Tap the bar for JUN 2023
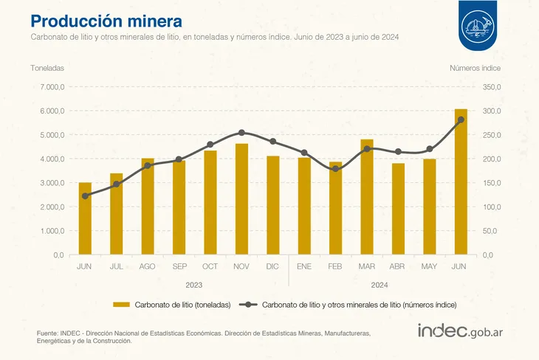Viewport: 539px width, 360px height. click(x=85, y=218)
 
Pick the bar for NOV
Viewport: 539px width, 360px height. click(x=241, y=199)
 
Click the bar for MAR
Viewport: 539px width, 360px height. click(x=367, y=197)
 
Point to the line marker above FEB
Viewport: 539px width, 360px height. click(x=335, y=169)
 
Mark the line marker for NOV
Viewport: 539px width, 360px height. click(x=241, y=133)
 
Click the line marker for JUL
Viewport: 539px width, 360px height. click(x=117, y=184)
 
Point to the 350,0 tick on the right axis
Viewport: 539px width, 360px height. click(x=492, y=87)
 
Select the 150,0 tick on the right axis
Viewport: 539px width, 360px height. click(x=492, y=183)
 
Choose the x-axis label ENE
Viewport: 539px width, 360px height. click(x=304, y=266)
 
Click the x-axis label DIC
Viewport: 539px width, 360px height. click(x=272, y=266)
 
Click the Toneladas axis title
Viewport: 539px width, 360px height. click(x=47, y=68)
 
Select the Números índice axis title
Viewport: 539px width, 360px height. click(x=476, y=68)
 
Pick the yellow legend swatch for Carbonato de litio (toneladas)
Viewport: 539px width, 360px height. click(x=121, y=304)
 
